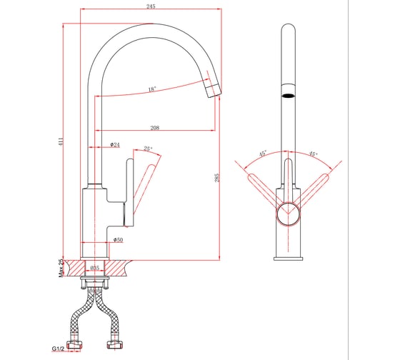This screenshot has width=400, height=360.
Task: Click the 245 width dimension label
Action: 151,6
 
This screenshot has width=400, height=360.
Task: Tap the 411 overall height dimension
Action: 60,142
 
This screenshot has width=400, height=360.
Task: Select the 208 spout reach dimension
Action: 155,128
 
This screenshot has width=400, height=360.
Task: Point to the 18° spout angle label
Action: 152,89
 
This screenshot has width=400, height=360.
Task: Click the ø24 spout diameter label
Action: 115,145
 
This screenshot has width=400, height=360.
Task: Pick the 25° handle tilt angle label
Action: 148,149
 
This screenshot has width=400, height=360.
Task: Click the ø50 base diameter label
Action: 118,239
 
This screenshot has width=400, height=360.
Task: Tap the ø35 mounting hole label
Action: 94,268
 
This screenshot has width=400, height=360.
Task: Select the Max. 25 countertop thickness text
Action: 61,268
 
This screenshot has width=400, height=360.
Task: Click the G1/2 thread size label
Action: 58,349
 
